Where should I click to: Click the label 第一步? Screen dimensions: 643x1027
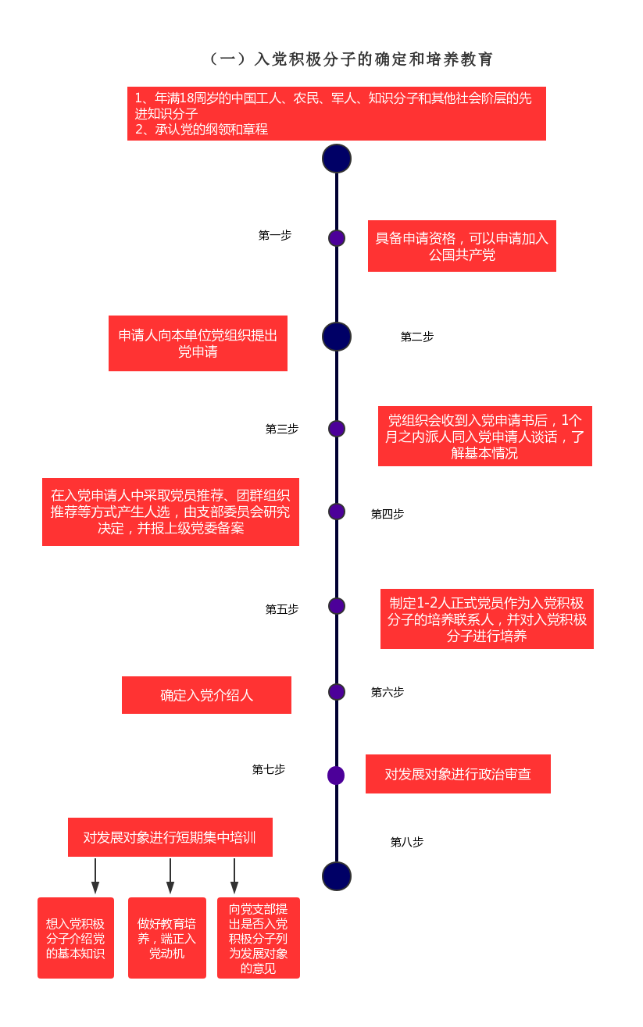pos(275,235)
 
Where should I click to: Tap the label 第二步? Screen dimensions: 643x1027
pos(417,337)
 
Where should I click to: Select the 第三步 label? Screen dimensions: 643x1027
pos(281,429)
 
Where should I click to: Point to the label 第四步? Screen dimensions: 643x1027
pos(387,514)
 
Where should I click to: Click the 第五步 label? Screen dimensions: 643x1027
pos(281,609)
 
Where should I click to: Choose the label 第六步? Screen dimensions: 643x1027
pos(387,692)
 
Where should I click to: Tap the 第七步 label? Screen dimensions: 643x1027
pos(268,769)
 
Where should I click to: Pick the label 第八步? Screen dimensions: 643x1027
pos(407,842)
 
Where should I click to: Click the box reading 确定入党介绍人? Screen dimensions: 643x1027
pos(206,695)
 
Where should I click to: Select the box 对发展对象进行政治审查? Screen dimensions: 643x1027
pos(458,774)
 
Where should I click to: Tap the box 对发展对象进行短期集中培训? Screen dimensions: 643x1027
pos(170,837)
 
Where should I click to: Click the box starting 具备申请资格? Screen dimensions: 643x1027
pos(462,246)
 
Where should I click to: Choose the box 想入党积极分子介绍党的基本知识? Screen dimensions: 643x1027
pos(76,938)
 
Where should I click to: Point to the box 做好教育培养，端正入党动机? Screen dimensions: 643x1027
pos(167,938)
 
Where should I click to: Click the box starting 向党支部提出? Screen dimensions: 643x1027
pos(258,938)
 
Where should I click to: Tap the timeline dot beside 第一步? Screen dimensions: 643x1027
pos(337,238)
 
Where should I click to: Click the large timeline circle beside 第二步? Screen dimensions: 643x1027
pos(337,337)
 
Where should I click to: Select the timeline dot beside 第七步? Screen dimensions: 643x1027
pos(336,776)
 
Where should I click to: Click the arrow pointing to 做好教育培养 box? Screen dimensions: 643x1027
pos(170,876)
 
